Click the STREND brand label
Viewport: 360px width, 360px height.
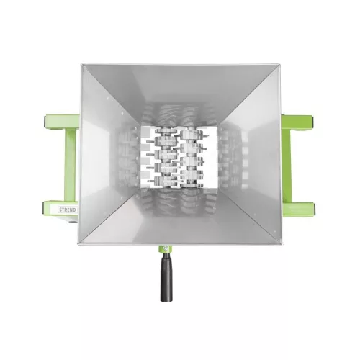[x=68, y=210]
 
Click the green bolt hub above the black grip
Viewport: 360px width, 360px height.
[x=166, y=248]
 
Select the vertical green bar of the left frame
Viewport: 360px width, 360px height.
[x=70, y=165]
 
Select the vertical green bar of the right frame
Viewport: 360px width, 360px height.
[x=287, y=165]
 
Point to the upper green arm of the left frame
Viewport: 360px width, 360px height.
[x=62, y=122]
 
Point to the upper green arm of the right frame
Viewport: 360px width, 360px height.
[x=297, y=122]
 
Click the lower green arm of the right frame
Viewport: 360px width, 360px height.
[x=297, y=209]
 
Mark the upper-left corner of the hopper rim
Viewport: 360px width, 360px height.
[x=81, y=65]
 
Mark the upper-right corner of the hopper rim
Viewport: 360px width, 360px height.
[x=280, y=65]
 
